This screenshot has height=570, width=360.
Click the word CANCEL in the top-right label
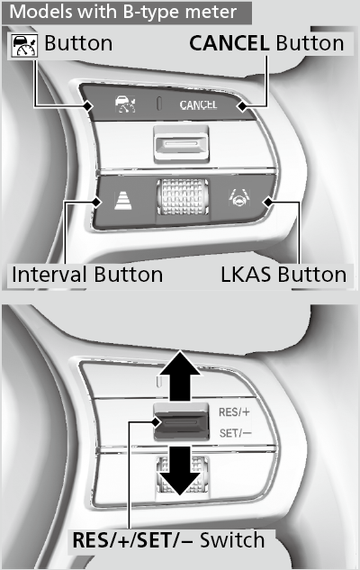tap(229, 43)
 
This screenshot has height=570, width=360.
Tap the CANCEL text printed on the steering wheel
tap(198, 105)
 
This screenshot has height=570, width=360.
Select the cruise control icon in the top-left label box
tap(24, 45)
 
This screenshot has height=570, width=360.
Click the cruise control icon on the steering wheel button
tap(125, 104)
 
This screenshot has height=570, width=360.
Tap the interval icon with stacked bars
tap(123, 201)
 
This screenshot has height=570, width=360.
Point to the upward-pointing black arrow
tap(181, 376)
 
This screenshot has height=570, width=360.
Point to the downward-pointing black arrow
tap(181, 471)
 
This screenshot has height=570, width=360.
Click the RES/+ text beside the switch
tap(234, 412)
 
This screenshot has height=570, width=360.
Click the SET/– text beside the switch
tap(235, 433)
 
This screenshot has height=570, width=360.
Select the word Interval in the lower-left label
tap(49, 275)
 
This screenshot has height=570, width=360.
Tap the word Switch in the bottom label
tap(232, 540)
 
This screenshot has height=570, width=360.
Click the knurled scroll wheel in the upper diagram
tap(183, 196)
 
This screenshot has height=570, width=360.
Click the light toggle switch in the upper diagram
tap(181, 143)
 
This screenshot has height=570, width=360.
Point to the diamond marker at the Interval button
tap(96, 202)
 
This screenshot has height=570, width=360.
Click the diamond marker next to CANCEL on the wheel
tap(241, 106)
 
